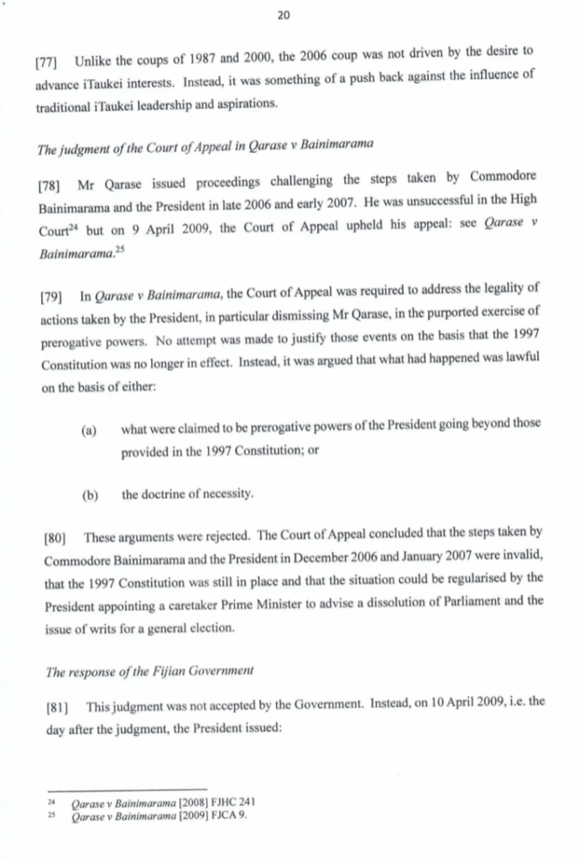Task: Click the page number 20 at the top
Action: click(288, 14)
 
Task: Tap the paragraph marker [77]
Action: click(49, 61)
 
